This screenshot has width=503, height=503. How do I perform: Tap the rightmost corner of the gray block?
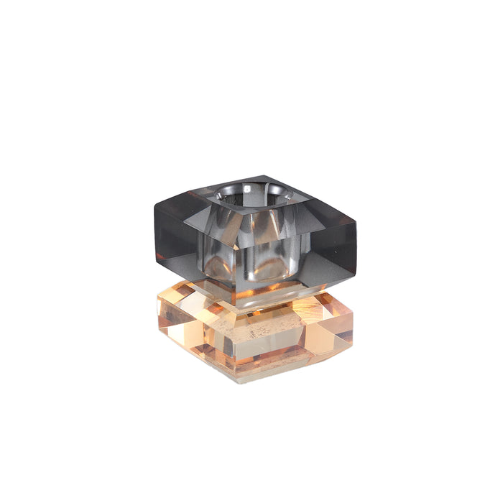[x=356, y=223]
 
